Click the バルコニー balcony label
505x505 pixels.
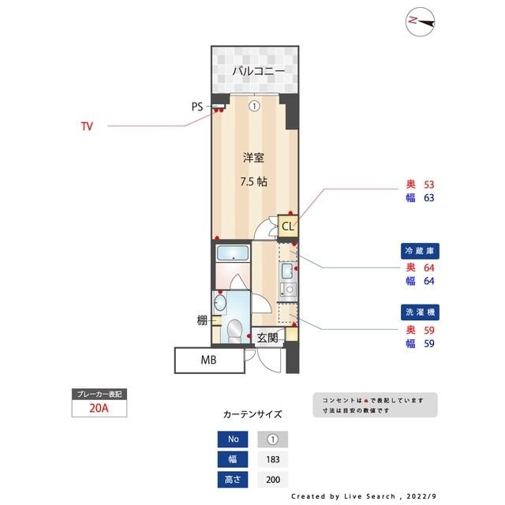(252, 72)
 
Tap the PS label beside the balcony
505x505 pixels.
(197, 106)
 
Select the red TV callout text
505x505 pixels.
(87, 125)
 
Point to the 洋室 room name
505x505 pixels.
(252, 157)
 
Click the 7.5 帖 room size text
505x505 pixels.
(252, 181)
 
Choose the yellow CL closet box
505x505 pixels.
(288, 227)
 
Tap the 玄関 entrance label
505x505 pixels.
(267, 338)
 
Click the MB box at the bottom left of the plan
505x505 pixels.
(208, 361)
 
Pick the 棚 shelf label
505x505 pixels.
(202, 320)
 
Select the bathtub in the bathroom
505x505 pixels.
(233, 255)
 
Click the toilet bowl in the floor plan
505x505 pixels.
(234, 329)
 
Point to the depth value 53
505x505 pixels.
(429, 185)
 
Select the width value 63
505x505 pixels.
(429, 198)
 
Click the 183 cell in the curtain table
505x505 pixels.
(273, 459)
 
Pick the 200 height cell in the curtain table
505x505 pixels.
(273, 479)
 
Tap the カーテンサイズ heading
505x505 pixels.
(252, 414)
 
